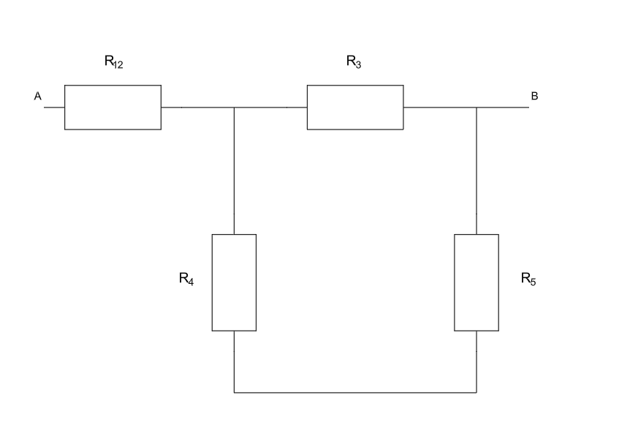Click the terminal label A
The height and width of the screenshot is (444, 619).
point(37,97)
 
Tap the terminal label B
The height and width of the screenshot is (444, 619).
point(534,97)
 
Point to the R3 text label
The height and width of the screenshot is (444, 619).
point(354,63)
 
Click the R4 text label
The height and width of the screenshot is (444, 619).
point(186,279)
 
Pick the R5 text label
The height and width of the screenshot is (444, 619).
point(528,279)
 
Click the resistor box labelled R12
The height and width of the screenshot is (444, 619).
point(113,108)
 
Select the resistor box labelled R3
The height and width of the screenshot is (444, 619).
point(355,108)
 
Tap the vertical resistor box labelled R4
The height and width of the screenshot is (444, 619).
point(234,282)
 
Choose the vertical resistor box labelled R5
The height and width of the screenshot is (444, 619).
point(476,282)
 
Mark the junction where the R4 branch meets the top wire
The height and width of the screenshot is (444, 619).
point(234,108)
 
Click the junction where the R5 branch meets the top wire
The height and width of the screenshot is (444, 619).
point(476,108)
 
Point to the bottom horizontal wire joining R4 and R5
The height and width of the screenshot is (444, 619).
point(355,393)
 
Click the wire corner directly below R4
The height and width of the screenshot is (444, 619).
point(234,393)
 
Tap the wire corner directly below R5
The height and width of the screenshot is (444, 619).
point(476,393)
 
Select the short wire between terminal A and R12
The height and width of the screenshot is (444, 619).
point(54,108)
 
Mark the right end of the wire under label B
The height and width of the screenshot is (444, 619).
point(528,108)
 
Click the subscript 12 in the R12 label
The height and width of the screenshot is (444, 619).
point(118,65)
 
